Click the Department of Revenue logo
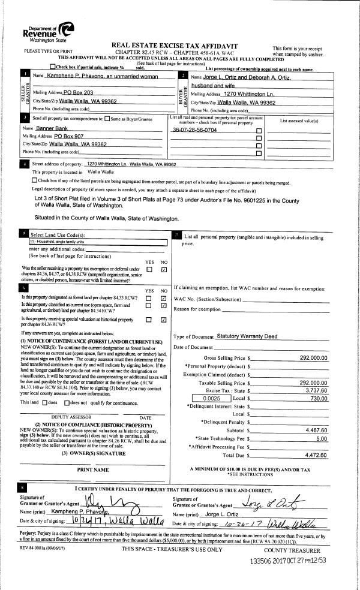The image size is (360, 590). point(49,30)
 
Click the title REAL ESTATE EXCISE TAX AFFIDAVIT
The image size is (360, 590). point(175,46)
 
